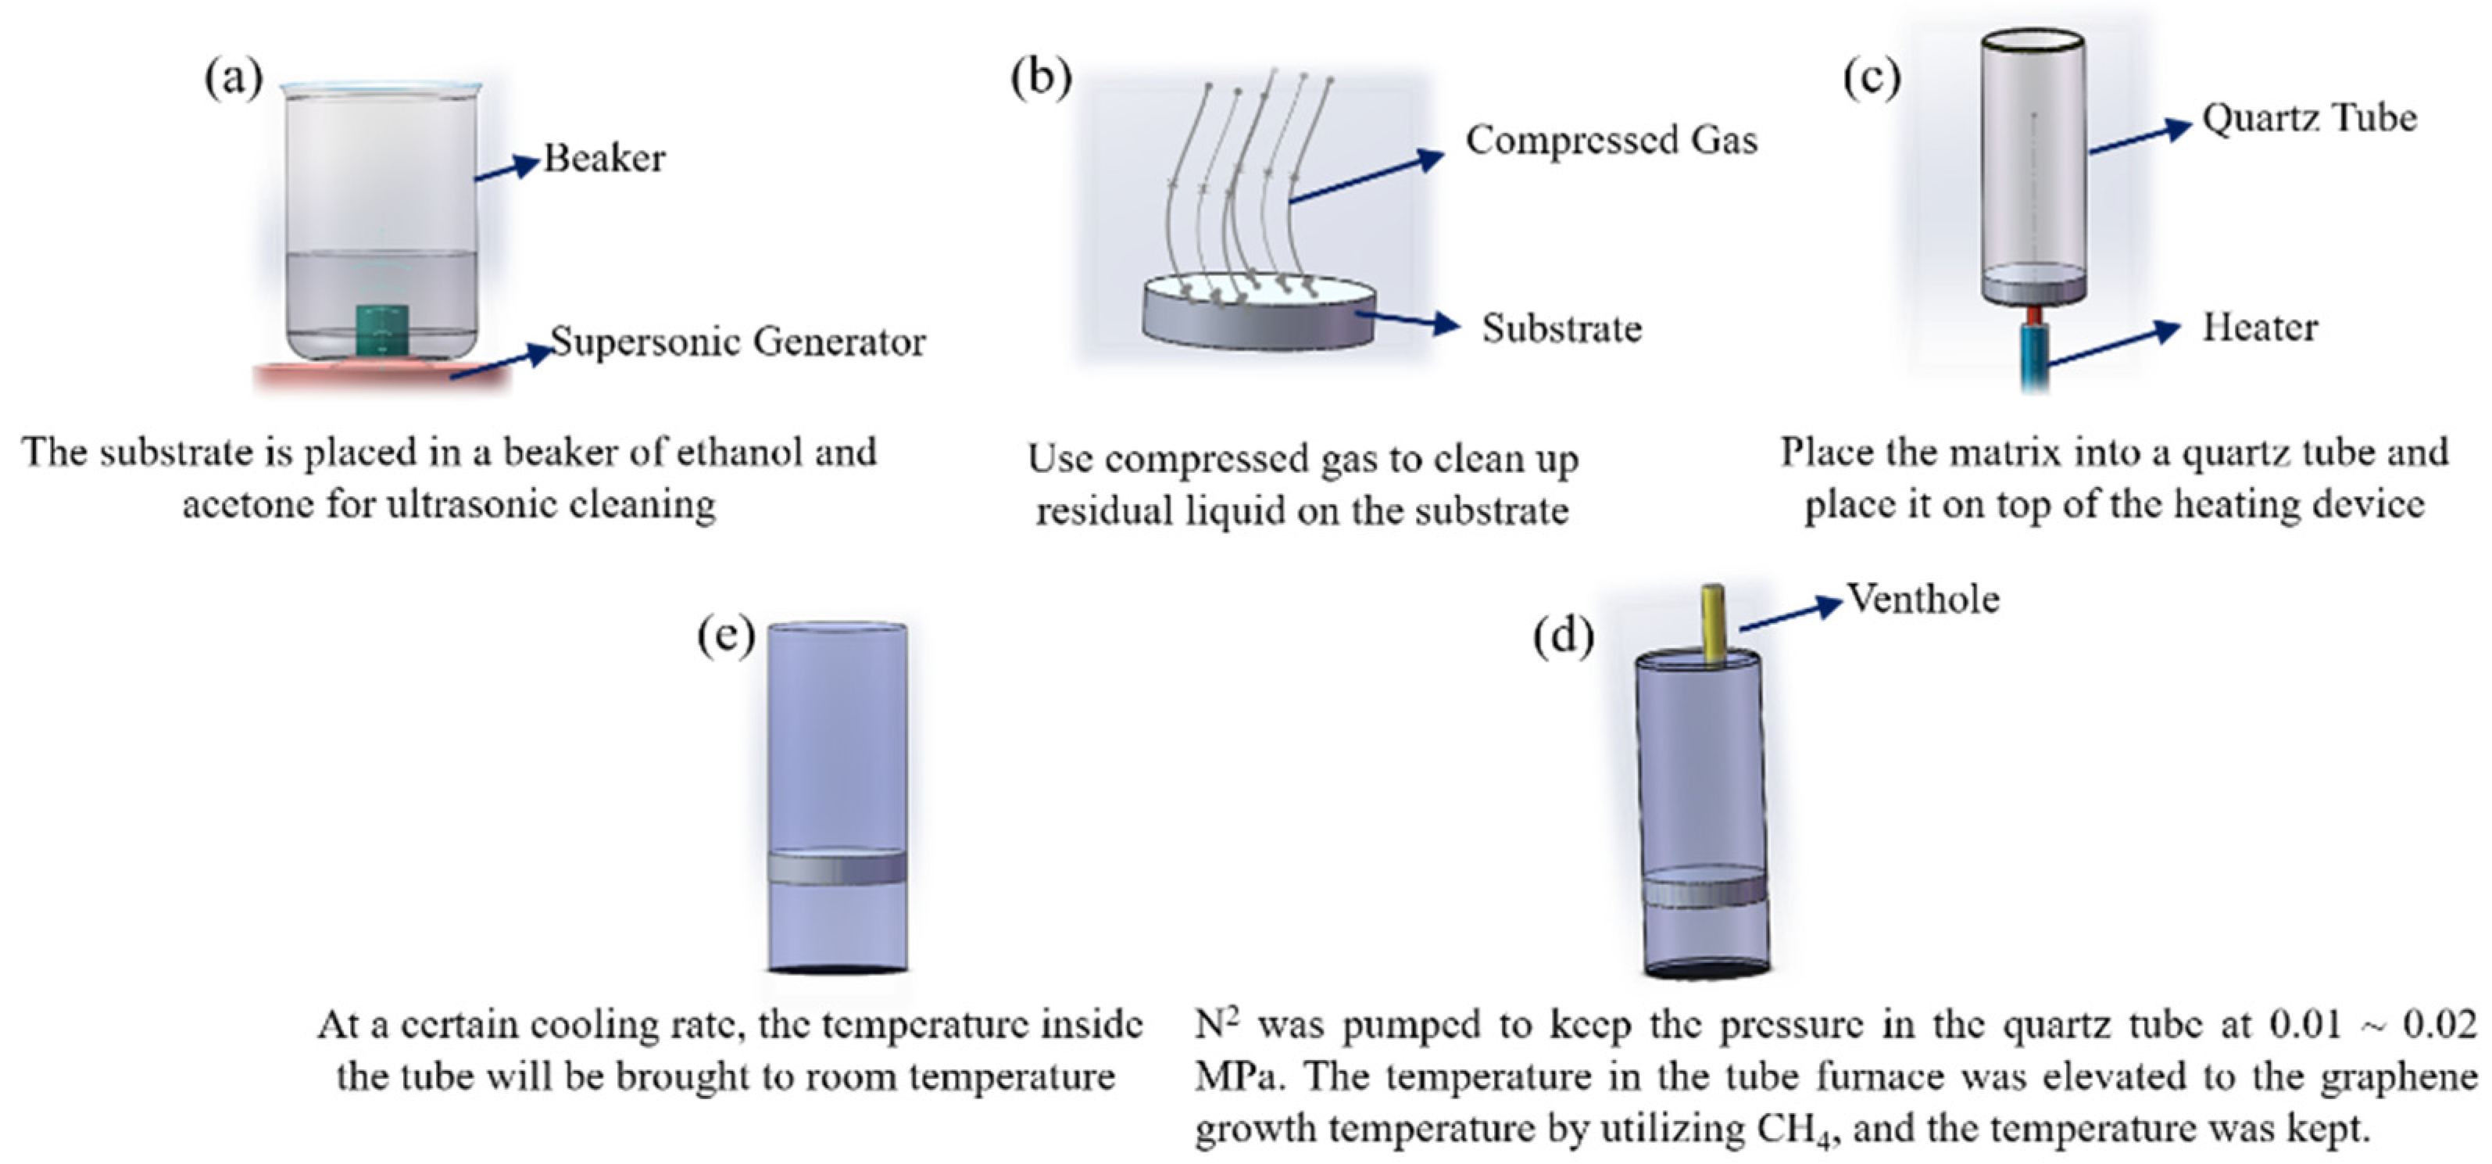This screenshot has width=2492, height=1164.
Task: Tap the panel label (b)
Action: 1041,77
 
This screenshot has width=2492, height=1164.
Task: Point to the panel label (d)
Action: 1564,636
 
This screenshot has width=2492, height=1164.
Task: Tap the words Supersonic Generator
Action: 737,342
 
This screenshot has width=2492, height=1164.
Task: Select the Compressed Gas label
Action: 1611,140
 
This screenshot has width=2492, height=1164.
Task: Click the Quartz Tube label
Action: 2309,118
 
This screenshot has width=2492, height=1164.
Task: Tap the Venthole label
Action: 1923,599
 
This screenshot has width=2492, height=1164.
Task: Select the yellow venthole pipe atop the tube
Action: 1713,624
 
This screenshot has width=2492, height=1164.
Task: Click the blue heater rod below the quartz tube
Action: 2034,358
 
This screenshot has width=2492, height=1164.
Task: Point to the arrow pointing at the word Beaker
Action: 506,170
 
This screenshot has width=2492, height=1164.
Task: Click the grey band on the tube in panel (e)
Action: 837,867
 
